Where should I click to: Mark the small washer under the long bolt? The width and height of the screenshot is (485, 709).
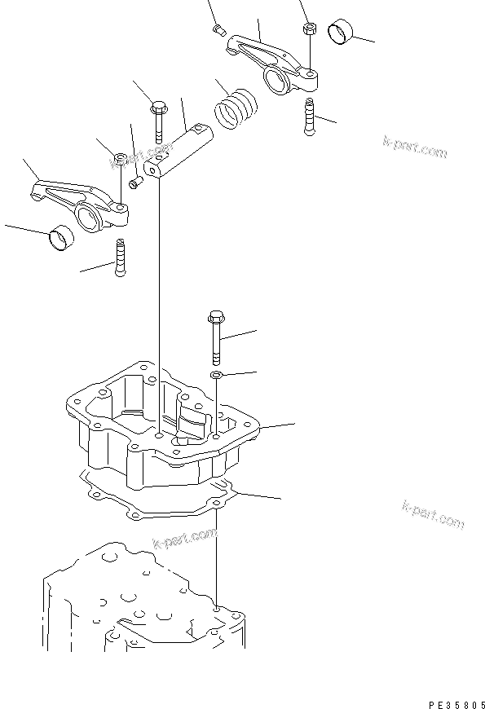(x=217, y=374)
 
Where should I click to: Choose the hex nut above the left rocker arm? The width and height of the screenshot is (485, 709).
(x=119, y=157)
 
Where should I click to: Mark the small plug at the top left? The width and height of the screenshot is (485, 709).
(x=218, y=30)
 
